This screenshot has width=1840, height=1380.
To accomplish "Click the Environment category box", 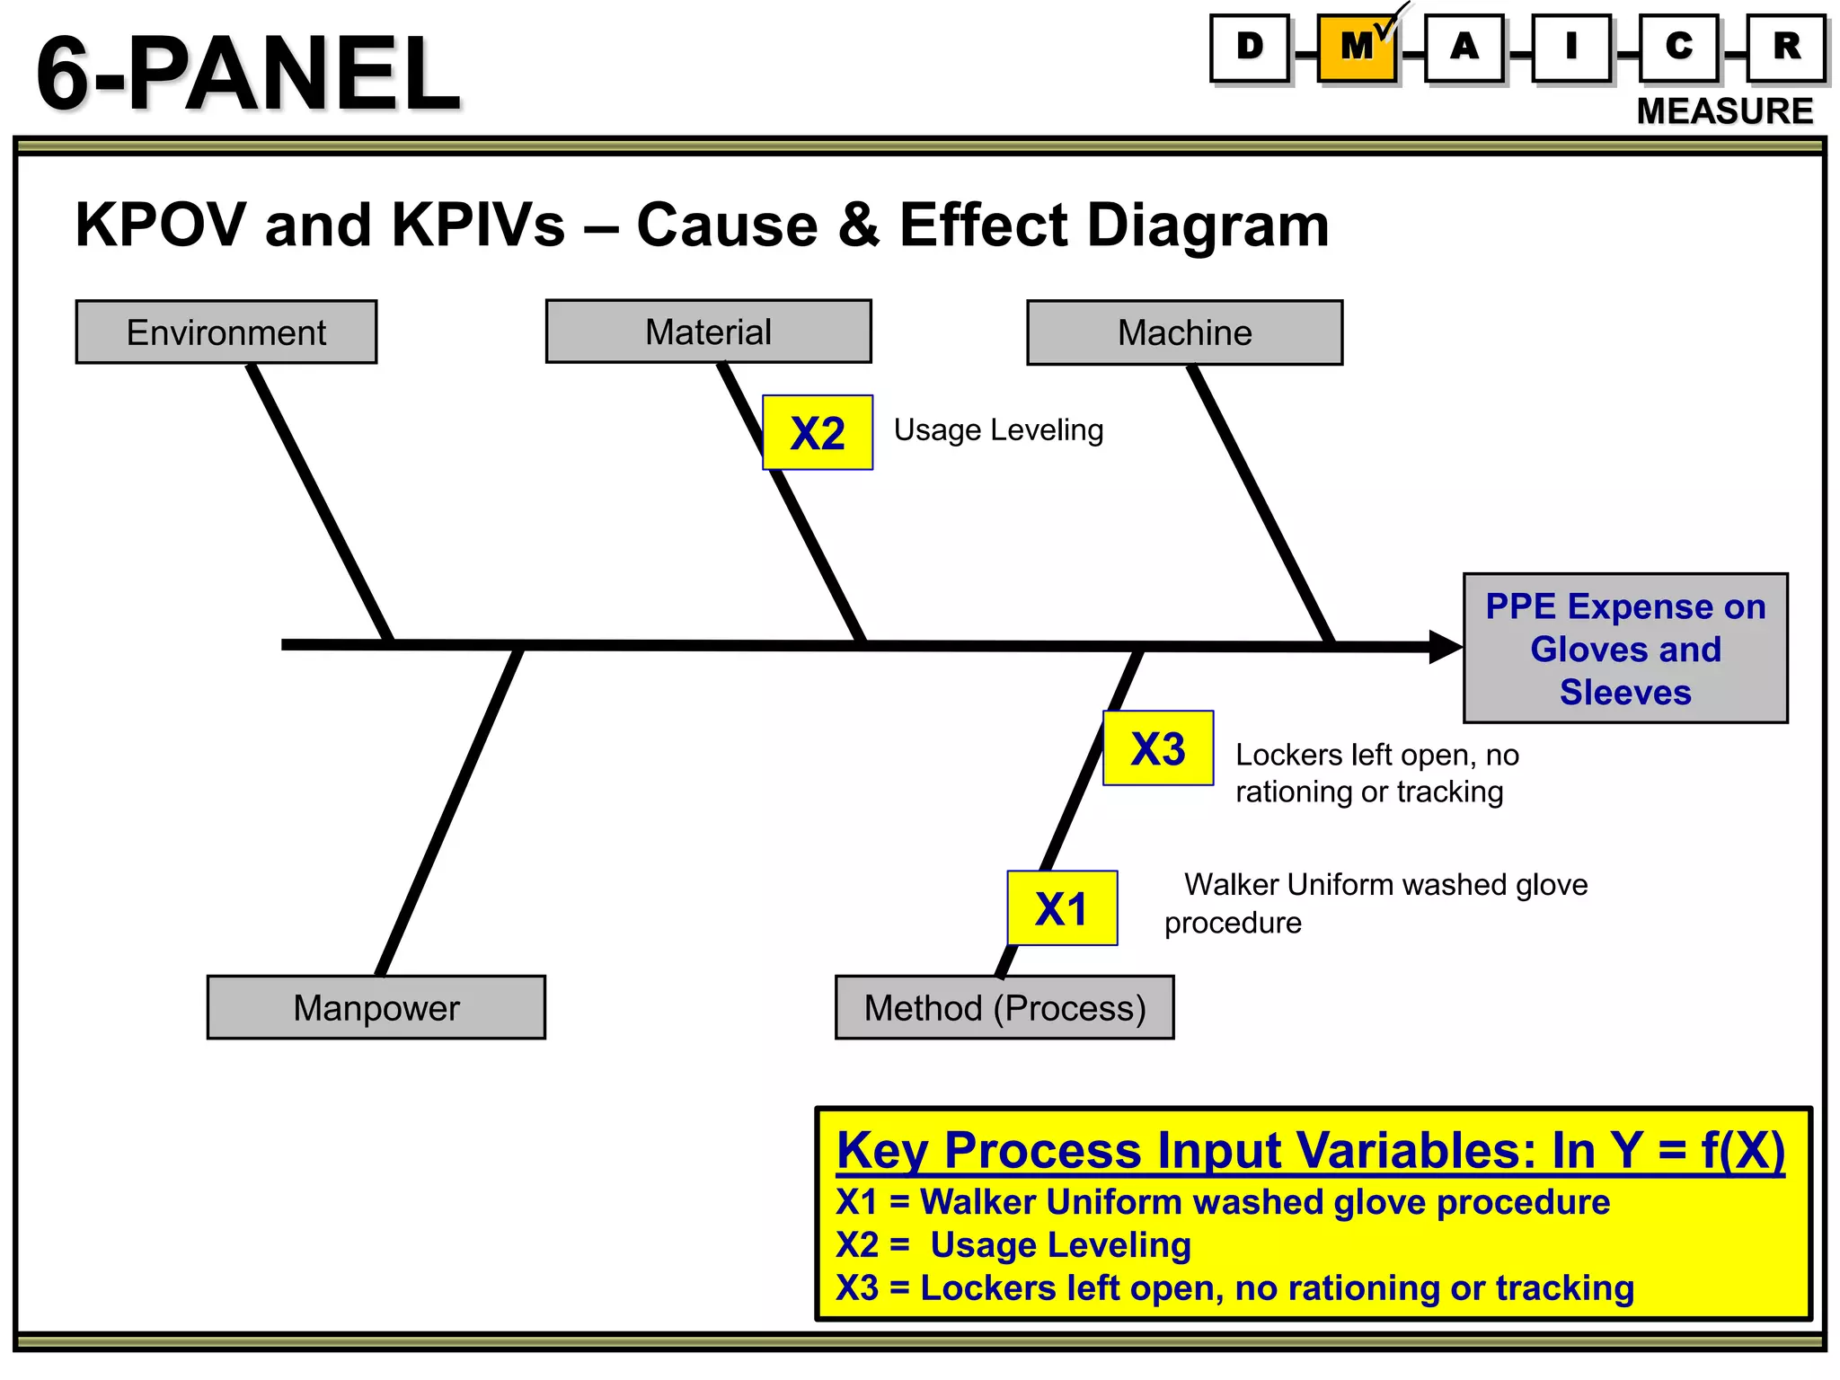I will click(226, 332).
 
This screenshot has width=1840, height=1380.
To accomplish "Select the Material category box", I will click(708, 332).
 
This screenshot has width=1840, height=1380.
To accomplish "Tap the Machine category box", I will click(1184, 332).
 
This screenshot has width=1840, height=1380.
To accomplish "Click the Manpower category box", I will click(376, 1007).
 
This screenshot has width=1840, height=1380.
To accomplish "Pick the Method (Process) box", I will click(1004, 1007).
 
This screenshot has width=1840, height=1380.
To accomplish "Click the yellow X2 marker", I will click(818, 433).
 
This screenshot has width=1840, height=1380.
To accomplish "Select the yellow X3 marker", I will click(1158, 748).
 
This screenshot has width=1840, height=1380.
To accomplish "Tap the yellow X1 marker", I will click(1062, 908).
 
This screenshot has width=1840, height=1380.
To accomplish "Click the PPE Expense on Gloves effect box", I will click(1625, 649).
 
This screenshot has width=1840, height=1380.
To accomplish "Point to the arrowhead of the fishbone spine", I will click(1445, 647).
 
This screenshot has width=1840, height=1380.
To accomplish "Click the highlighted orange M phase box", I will click(1357, 48).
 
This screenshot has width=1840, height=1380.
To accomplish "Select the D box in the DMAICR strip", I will click(1250, 48).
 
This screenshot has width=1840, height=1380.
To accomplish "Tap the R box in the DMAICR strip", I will click(1787, 48).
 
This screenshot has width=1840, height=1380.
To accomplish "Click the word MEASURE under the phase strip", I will click(1724, 111).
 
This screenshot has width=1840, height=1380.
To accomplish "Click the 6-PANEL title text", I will click(248, 74).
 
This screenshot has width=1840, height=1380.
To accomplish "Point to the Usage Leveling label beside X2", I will click(998, 430).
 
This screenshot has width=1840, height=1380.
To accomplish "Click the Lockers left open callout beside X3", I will click(1376, 773).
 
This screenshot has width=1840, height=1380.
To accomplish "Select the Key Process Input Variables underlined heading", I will click(1311, 1150).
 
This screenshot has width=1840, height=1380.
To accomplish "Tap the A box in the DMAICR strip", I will click(1464, 48).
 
